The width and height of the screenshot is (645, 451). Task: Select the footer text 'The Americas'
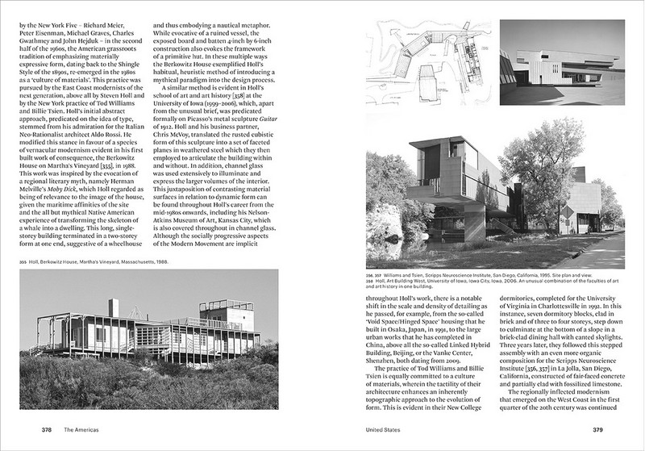(84, 430)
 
